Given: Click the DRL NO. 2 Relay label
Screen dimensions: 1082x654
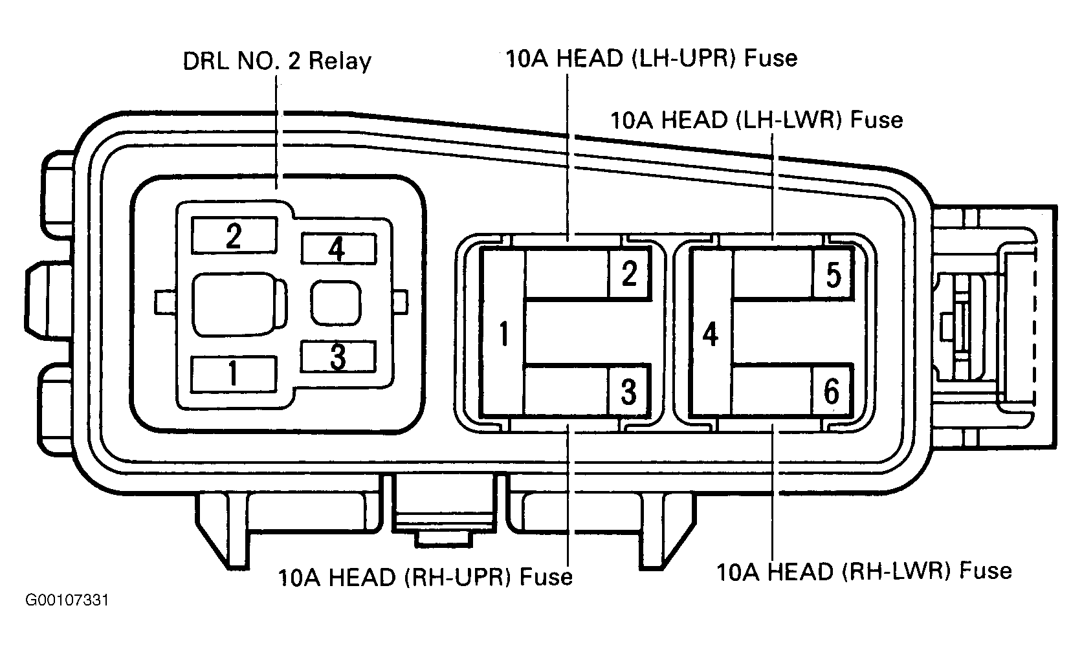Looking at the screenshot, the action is point(277,61).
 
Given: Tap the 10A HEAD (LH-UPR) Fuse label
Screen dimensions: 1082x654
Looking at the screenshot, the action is point(652,58).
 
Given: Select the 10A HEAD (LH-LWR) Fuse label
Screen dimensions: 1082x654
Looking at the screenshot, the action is point(757,120).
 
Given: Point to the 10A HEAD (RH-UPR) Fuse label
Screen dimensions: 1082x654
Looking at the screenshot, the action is point(426,577).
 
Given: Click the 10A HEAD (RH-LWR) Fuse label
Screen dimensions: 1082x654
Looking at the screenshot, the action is point(864,571).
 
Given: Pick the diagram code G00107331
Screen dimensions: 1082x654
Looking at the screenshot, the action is point(67,600).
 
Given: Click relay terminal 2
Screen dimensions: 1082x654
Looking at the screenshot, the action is point(234,235).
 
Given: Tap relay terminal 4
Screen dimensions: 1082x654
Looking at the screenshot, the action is point(338,249).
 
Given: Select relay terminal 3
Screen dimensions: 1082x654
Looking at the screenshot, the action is point(338,357).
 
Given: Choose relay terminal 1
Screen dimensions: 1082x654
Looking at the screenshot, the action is point(234,374).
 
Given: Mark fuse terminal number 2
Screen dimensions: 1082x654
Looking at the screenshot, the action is point(629,274).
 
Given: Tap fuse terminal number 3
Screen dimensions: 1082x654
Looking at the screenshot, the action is point(629,391).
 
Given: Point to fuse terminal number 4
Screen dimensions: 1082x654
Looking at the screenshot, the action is point(710,334).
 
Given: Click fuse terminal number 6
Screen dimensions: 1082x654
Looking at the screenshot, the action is point(832,391).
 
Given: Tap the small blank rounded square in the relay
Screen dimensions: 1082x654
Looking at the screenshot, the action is point(336,303).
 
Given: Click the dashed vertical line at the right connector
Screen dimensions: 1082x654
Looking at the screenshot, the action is point(1035,329).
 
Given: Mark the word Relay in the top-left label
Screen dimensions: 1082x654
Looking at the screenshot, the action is point(340,62).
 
